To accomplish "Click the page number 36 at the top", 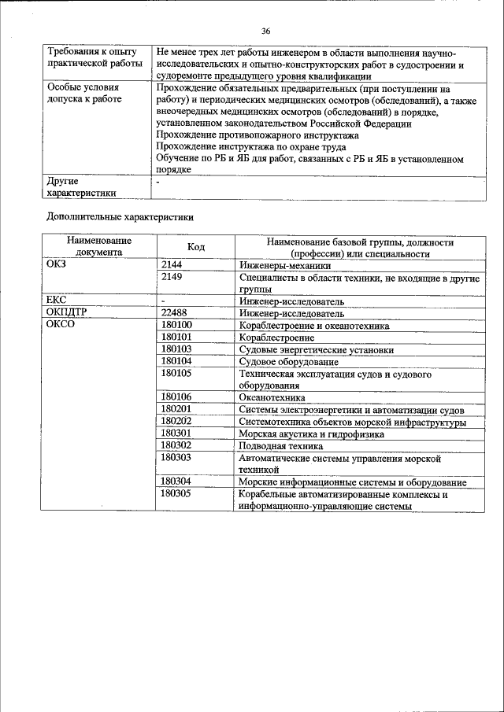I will click(x=265, y=31).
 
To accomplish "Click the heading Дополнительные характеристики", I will click(x=120, y=216).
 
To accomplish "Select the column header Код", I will click(x=196, y=248).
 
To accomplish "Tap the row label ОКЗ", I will click(x=59, y=265).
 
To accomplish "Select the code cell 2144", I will click(x=172, y=265).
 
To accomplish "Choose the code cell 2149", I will click(x=172, y=278).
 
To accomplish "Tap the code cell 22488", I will click(x=175, y=312).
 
